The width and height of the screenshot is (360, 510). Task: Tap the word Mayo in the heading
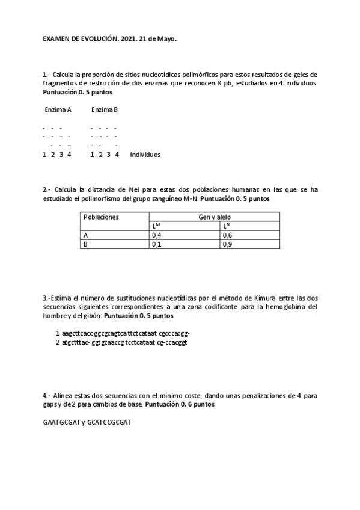coord(166,38)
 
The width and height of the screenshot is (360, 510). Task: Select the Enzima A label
coord(58,110)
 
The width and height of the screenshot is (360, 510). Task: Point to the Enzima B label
coord(105,110)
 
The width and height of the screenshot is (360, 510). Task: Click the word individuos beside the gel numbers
coord(145,155)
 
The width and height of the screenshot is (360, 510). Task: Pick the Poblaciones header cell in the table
coord(101,217)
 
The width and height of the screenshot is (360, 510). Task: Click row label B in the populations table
coord(86,245)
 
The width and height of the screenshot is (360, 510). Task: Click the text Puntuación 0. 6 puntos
coord(180,405)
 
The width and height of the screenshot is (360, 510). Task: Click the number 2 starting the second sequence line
coord(57,342)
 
